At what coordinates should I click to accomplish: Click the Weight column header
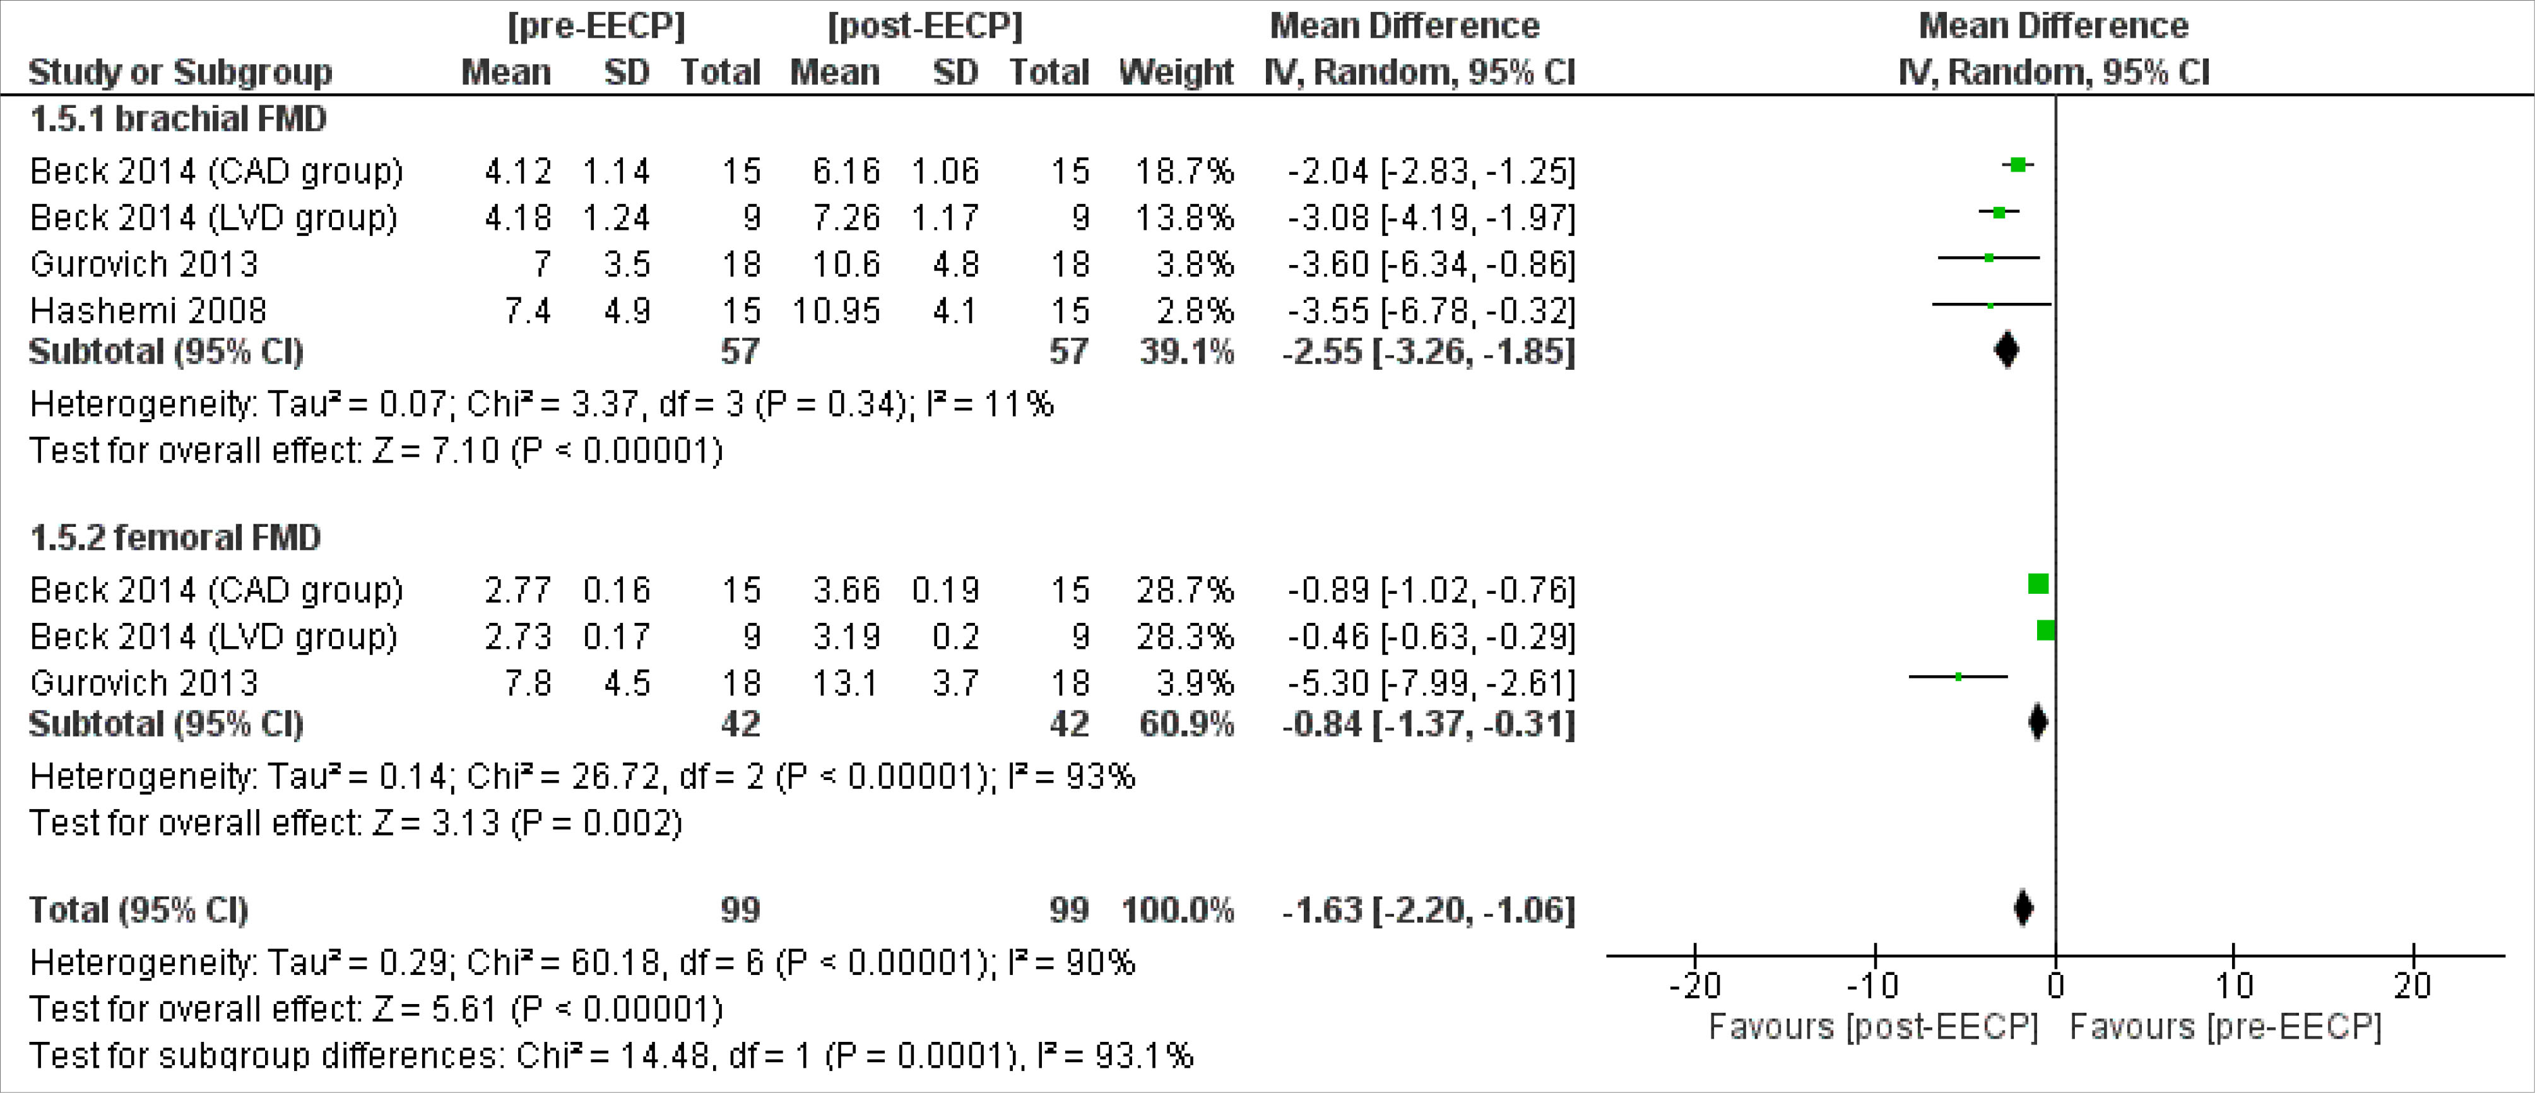pos(1176,72)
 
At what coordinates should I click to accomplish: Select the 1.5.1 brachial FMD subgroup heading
pos(178,119)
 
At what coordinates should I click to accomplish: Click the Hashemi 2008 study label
pos(148,311)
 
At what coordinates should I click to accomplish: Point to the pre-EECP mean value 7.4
pos(528,311)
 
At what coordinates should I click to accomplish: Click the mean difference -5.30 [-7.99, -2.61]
pos(1431,683)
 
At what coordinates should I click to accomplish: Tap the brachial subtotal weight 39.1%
pos(1186,352)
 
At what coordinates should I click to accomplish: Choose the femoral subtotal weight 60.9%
pos(1186,724)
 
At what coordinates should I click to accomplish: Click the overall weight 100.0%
pos(1177,910)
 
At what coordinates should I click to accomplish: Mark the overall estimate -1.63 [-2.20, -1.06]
pos(1428,910)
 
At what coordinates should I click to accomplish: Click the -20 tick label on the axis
pos(1694,985)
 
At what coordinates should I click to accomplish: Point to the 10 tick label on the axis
pos(2234,985)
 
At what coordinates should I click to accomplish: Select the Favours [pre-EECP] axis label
pos(2225,1027)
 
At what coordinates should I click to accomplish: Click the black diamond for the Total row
pos(2023,908)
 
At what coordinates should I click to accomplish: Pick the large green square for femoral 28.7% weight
pos(2038,584)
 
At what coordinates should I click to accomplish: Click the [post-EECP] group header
pos(925,26)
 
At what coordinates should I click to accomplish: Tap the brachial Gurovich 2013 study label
pos(144,264)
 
